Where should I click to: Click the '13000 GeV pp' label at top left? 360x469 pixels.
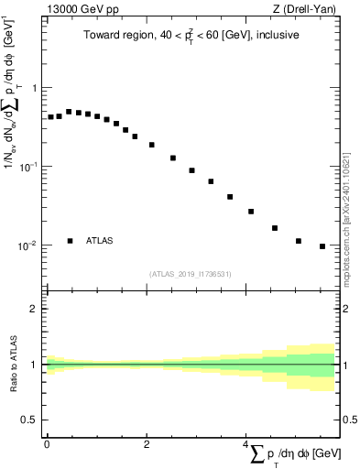click(x=82, y=10)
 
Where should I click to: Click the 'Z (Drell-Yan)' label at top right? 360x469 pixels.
click(x=304, y=10)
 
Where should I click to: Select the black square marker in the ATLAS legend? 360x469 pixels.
click(x=70, y=241)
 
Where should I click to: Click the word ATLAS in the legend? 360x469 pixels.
click(x=100, y=241)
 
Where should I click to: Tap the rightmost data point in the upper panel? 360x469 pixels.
click(x=322, y=246)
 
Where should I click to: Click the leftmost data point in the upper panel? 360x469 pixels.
click(x=51, y=117)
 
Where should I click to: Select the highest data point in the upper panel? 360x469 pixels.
click(x=69, y=112)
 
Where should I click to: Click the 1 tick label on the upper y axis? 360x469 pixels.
click(x=36, y=88)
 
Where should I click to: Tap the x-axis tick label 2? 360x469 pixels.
click(x=147, y=444)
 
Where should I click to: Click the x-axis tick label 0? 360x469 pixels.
click(x=47, y=444)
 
